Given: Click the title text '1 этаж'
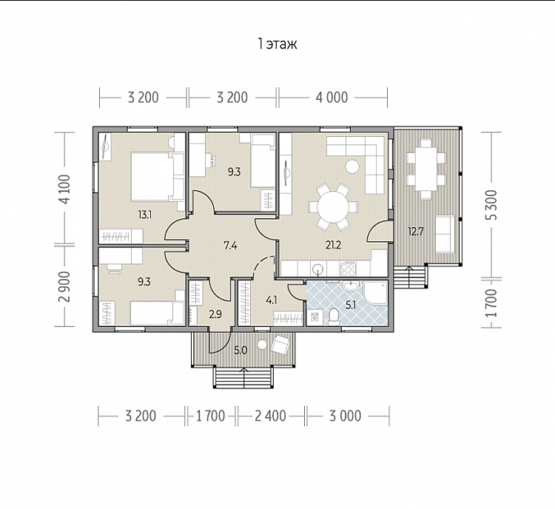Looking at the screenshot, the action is pyautogui.click(x=277, y=44).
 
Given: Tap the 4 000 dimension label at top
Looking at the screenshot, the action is pyautogui.click(x=332, y=98).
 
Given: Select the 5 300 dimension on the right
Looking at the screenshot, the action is pyautogui.click(x=491, y=205).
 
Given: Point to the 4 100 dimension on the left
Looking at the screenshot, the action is pyautogui.click(x=65, y=189).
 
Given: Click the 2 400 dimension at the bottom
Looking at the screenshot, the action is pyautogui.click(x=270, y=416).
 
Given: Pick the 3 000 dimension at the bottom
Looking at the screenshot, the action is pyautogui.click(x=345, y=416).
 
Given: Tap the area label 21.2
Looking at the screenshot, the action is pyautogui.click(x=333, y=245).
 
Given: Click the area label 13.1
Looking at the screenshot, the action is pyautogui.click(x=145, y=214).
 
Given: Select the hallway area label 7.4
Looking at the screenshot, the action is pyautogui.click(x=230, y=245).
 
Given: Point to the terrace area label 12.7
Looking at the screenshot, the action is pyautogui.click(x=416, y=232).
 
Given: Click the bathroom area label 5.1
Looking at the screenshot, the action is pyautogui.click(x=351, y=305).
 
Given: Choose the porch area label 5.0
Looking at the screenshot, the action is pyautogui.click(x=240, y=351).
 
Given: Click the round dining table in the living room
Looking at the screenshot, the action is pyautogui.click(x=333, y=206).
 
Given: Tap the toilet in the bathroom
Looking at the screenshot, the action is pyautogui.click(x=334, y=317).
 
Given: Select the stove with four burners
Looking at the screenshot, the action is pyautogui.click(x=348, y=268).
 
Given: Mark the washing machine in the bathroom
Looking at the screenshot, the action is pyautogui.click(x=314, y=317).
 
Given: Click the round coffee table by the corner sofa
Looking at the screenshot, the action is pyautogui.click(x=352, y=166).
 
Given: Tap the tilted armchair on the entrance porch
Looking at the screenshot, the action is pyautogui.click(x=281, y=344).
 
